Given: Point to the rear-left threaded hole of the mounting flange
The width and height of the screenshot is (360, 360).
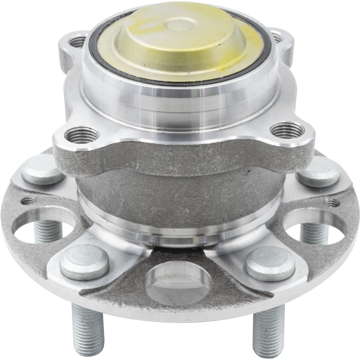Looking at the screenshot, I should coord(77,42).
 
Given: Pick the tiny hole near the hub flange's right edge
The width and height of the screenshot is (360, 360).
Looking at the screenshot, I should coord(332,203).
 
